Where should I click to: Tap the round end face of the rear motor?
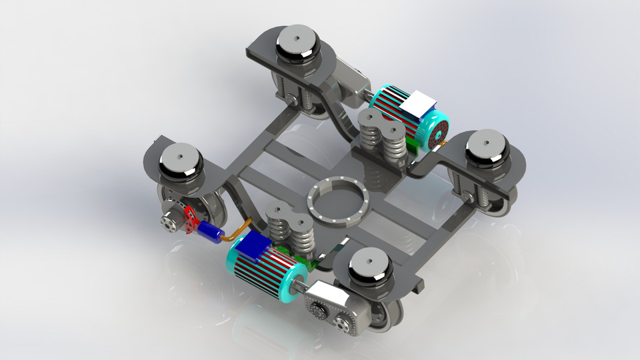point(437,133)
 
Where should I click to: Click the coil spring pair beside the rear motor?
point(380,137)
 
